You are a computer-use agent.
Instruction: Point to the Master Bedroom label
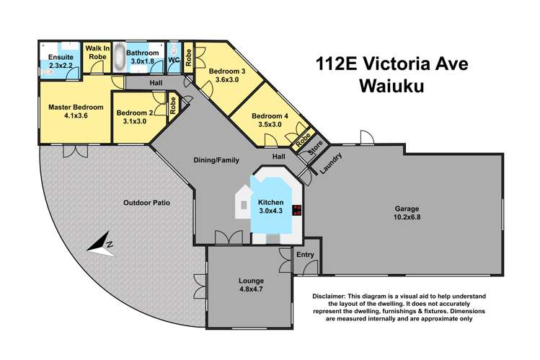click(76, 107)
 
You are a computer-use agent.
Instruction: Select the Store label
click(315, 152)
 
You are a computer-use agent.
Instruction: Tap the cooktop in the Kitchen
click(296, 210)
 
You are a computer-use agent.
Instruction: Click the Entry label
click(306, 255)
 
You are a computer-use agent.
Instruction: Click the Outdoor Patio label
click(146, 203)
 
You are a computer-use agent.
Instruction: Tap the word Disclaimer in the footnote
click(335, 297)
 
